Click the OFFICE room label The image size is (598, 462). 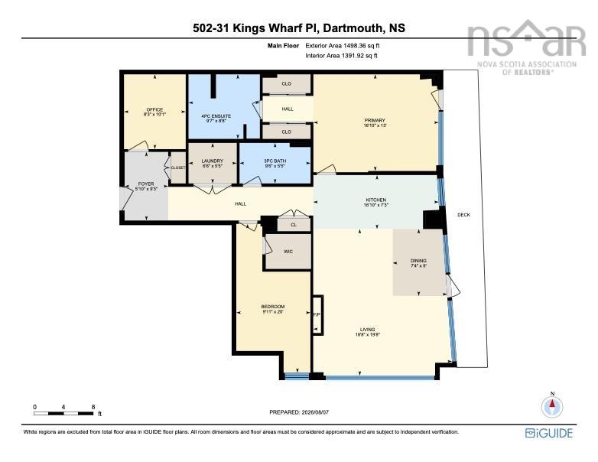tap(154, 109)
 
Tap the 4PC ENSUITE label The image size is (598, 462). tap(216, 116)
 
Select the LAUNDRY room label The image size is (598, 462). tap(213, 161)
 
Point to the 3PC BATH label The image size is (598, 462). tap(275, 161)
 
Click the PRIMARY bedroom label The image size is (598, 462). tap(375, 120)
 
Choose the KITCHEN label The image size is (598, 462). tap(376, 200)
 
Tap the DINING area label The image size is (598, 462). tap(418, 261)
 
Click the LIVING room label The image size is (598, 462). tap(368, 330)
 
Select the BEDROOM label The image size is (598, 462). tap(273, 307)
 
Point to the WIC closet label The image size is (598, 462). tap(288, 252)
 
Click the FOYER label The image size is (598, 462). tap(146, 184)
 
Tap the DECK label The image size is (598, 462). tap(463, 215)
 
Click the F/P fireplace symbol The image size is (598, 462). tap(317, 315)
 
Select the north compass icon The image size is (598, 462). tap(552, 406)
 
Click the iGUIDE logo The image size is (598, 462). tap(549, 433)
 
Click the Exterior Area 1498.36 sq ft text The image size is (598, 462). tap(343, 46)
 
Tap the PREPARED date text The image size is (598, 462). tap(299, 412)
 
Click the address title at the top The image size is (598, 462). tap(299, 28)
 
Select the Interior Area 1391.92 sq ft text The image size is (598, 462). tap(342, 56)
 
